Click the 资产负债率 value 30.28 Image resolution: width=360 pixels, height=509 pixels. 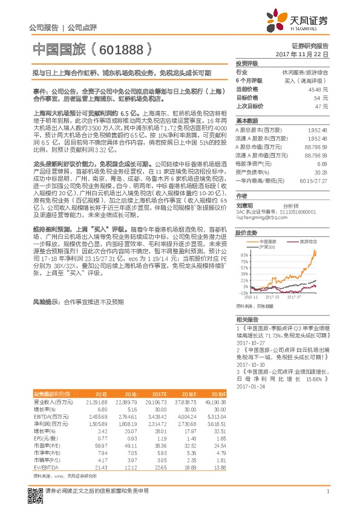(321, 172)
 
